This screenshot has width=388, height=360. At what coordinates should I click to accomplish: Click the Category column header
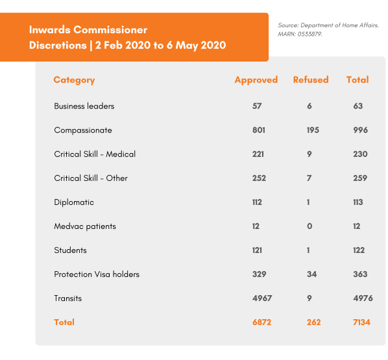tap(74, 80)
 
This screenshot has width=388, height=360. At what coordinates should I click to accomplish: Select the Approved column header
tap(256, 80)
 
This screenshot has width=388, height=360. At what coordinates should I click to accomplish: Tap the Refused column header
tap(311, 80)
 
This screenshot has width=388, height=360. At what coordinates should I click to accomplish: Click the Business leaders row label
tap(84, 106)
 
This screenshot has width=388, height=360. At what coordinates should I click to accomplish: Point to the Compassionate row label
tap(83, 130)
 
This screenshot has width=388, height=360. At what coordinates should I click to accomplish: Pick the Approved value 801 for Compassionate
tap(258, 130)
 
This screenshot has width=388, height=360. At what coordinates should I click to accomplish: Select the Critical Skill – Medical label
tap(95, 154)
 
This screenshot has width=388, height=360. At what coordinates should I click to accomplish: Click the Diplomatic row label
tap(74, 202)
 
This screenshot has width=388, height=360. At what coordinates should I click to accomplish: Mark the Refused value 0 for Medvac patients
tap(309, 226)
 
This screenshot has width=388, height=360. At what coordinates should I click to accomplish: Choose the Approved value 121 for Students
tap(257, 250)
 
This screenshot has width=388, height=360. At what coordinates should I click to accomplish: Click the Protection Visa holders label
tap(97, 274)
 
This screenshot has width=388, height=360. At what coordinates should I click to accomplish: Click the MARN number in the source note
tap(309, 34)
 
